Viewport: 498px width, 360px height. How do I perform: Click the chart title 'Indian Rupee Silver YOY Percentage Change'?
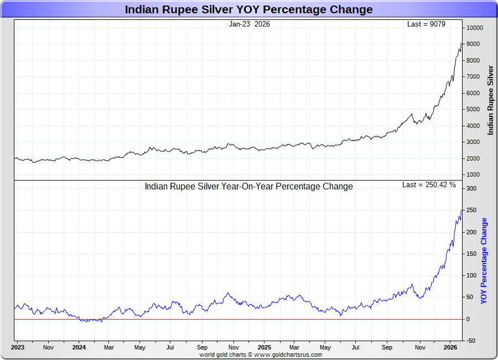(x=248, y=9)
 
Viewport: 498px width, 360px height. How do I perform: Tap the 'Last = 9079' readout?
(x=426, y=24)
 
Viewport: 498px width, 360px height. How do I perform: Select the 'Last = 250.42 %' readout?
(x=429, y=185)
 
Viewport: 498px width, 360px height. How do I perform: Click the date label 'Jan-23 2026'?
(x=250, y=24)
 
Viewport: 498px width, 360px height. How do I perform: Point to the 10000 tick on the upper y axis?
(x=474, y=28)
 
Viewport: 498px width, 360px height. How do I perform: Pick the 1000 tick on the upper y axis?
(x=473, y=175)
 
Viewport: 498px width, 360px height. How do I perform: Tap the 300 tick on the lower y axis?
(x=471, y=189)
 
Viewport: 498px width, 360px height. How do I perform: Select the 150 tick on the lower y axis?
(x=471, y=254)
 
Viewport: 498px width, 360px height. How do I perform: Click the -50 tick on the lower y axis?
(x=471, y=341)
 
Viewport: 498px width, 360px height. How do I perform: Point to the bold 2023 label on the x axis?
(x=18, y=348)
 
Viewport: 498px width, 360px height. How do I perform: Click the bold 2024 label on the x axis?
(x=79, y=348)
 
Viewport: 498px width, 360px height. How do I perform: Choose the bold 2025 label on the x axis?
(x=264, y=348)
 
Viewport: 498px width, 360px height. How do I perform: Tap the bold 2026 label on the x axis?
(x=450, y=348)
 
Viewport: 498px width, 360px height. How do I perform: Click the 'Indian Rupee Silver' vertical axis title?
(x=490, y=100)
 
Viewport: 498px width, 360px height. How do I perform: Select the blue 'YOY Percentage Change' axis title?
(x=484, y=260)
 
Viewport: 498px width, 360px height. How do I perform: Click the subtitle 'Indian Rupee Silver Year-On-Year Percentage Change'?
(x=248, y=187)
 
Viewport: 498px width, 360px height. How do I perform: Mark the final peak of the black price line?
(x=461, y=43)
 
